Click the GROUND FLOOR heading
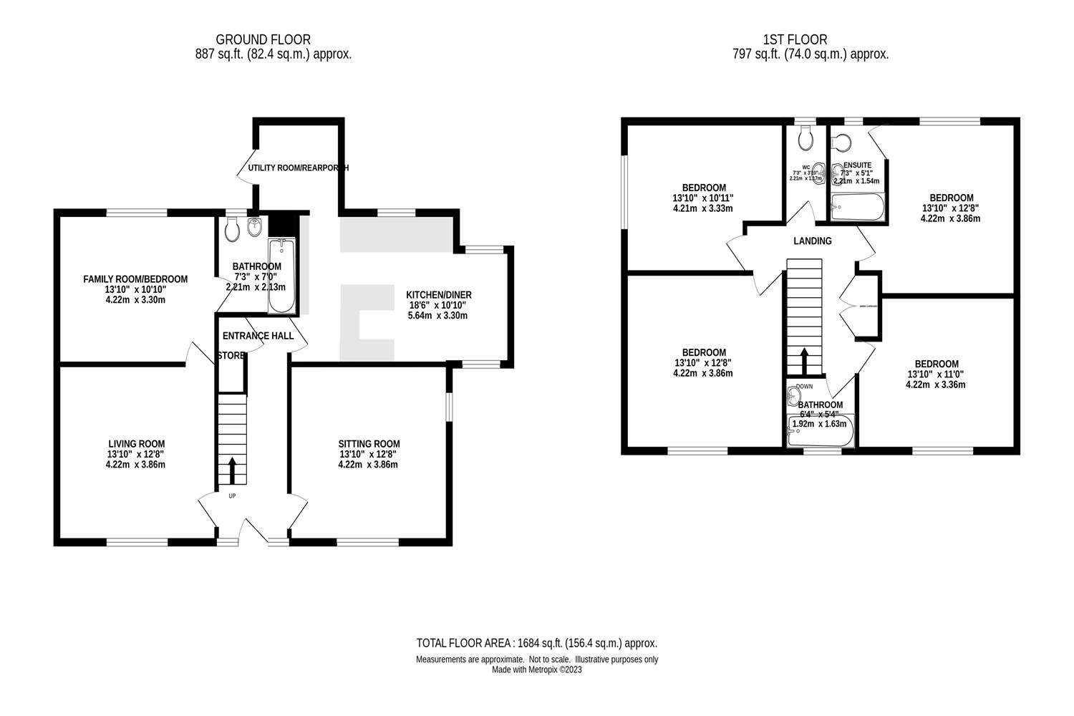point(263,39)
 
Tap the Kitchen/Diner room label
point(438,295)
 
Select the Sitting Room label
point(369,444)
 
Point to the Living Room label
point(136,444)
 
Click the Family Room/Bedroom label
point(135,279)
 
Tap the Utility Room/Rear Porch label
point(298,168)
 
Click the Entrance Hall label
point(258,336)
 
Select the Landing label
point(812,241)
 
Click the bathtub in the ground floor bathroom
point(281,276)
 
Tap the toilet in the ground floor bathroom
point(231,228)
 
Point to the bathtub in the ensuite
point(857,208)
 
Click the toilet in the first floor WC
point(805,137)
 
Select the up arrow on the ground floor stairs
point(231,470)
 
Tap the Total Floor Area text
point(536,643)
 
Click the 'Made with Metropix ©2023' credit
point(537,670)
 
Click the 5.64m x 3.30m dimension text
point(438,315)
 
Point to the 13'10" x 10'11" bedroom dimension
point(703,198)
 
